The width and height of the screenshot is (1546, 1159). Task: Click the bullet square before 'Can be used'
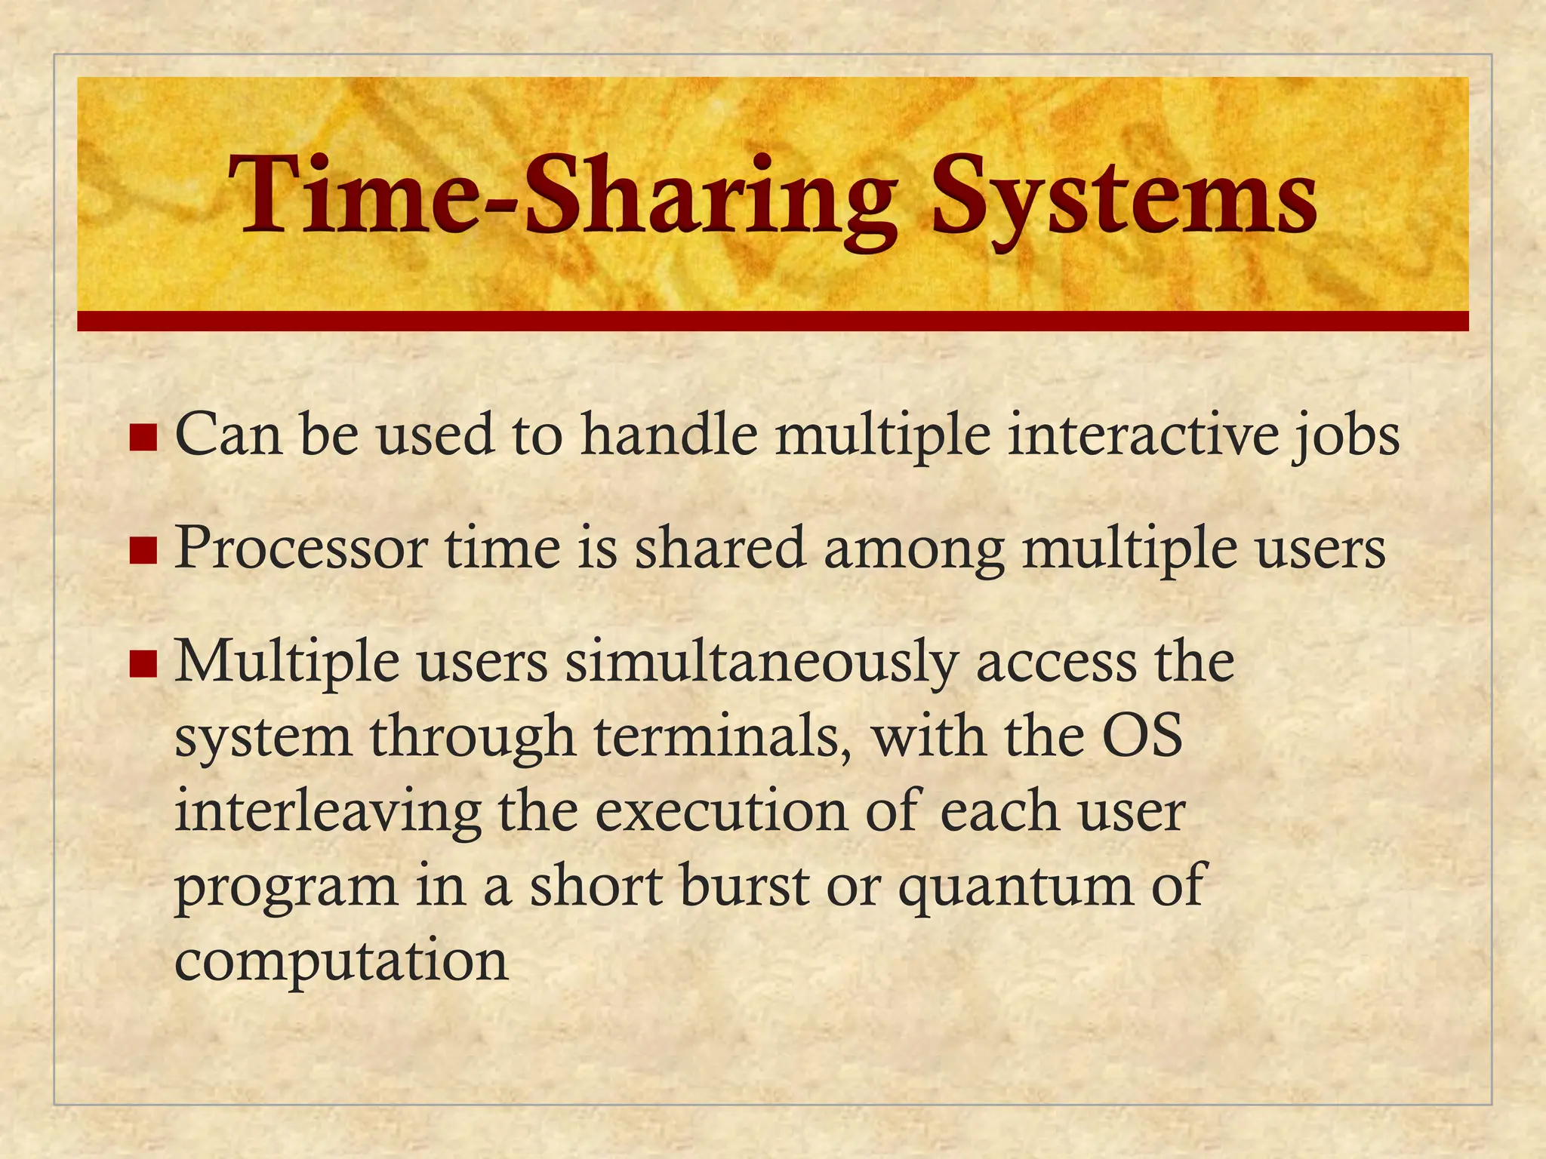143,437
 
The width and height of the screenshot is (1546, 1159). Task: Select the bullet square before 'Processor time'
143,550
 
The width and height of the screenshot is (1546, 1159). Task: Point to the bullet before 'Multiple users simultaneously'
143,663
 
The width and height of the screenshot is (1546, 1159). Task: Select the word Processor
301,549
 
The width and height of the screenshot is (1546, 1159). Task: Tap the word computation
342,963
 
